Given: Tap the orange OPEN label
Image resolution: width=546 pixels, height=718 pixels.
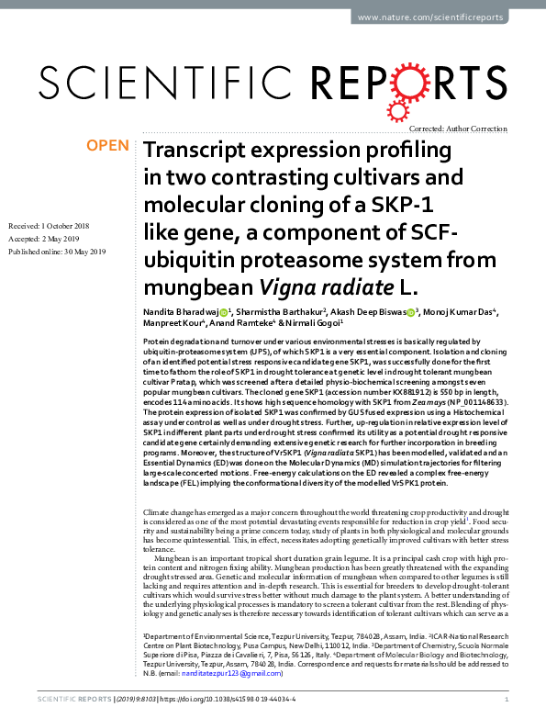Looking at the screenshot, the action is point(108,146).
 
